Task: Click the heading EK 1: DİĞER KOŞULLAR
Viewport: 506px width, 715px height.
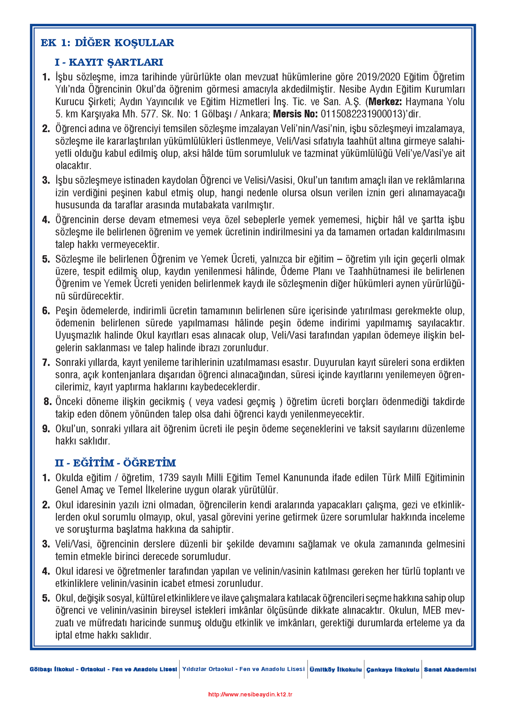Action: pyautogui.click(x=107, y=43)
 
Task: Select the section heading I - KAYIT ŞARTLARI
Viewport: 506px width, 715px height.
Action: pyautogui.click(x=109, y=62)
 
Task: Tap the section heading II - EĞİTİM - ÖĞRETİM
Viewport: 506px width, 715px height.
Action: pyautogui.click(x=115, y=463)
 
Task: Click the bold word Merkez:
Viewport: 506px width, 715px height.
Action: pyautogui.click(x=385, y=102)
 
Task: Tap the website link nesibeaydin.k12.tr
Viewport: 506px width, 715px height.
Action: pyautogui.click(x=250, y=694)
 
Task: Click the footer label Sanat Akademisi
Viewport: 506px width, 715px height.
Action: pyautogui.click(x=450, y=669)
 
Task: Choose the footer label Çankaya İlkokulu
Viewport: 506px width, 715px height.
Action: pyautogui.click(x=392, y=669)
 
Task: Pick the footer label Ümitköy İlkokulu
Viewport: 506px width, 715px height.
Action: pyautogui.click(x=336, y=669)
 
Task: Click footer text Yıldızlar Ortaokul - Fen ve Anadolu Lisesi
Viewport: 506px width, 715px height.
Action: pyautogui.click(x=243, y=669)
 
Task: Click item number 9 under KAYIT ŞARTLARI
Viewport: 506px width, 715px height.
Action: pyautogui.click(x=46, y=429)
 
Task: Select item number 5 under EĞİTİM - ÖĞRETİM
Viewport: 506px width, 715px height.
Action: pyautogui.click(x=46, y=598)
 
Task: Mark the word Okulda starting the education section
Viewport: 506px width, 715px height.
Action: pyautogui.click(x=69, y=478)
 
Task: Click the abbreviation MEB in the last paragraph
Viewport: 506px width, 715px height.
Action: pyautogui.click(x=432, y=610)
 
